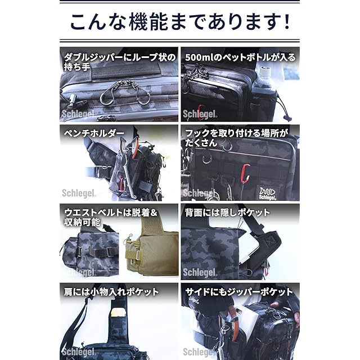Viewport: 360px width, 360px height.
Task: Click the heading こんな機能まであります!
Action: click(180, 22)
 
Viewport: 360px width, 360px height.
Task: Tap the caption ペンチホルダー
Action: click(94, 133)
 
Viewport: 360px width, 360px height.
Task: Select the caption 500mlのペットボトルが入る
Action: click(240, 57)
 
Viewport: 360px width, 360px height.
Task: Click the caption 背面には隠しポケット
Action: click(227, 213)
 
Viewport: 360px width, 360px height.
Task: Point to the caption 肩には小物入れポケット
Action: click(111, 292)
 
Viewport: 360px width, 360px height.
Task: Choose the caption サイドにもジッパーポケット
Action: click(239, 292)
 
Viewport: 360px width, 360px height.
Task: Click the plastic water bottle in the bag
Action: click(264, 79)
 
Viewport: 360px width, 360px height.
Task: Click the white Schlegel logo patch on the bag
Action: click(267, 193)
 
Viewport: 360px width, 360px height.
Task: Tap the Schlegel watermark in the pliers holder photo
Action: click(78, 193)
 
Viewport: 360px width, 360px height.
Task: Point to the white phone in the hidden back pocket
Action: click(247, 248)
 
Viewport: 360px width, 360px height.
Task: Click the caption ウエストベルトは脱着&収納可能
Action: click(110, 217)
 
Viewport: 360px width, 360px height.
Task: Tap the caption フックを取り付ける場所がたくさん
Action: click(236, 138)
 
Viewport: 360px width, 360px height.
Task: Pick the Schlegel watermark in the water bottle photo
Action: click(200, 114)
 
